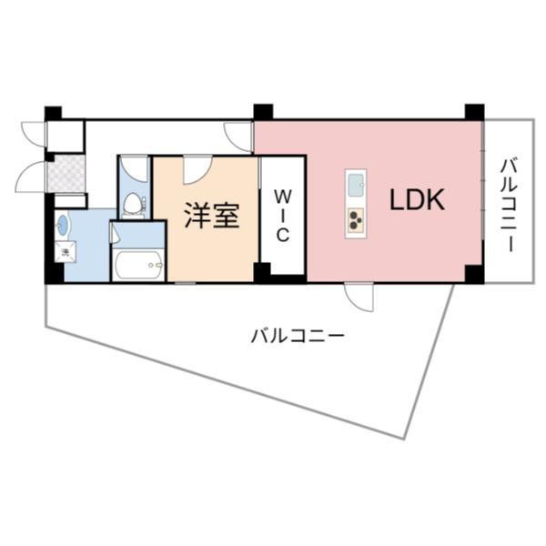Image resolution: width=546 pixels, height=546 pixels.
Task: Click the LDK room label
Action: pos(418,200)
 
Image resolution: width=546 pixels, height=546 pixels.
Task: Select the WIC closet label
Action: pos(282,215)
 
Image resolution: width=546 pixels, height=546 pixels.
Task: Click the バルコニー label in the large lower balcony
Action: pos(298,336)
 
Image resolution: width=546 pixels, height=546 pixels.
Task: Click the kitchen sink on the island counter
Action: pos(355,186)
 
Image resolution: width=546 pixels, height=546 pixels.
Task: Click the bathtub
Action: pos(137,266)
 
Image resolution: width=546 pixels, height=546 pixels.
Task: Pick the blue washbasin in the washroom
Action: pos(63,224)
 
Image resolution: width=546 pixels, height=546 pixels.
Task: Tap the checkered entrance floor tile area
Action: pos(66,173)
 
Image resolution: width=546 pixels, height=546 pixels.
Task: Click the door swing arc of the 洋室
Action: pos(197,168)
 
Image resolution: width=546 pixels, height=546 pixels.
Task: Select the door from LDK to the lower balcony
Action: pos(358,296)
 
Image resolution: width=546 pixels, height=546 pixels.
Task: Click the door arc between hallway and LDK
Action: pos(240,136)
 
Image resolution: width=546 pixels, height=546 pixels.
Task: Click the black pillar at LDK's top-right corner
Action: pos(474,112)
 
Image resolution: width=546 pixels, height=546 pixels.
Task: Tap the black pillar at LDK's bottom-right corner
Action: pos(473,273)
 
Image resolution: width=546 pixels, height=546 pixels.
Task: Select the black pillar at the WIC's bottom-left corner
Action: pos(262,272)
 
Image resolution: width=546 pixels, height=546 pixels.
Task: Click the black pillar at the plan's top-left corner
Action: pos(54,114)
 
